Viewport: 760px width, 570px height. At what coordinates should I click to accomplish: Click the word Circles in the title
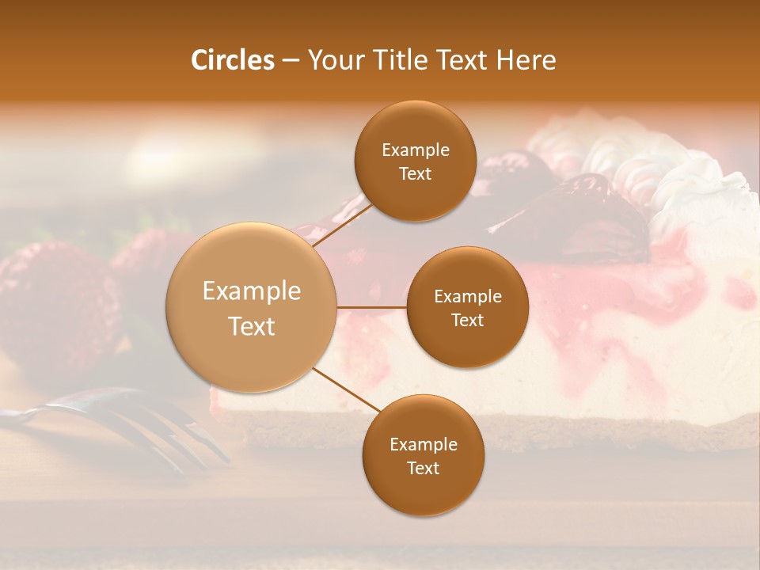232,60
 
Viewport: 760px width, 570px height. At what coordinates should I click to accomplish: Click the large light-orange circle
252,307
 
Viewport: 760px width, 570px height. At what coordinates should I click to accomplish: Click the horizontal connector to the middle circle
372,307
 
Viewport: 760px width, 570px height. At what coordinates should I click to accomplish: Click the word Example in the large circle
252,291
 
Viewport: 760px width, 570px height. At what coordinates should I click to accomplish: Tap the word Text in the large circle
252,326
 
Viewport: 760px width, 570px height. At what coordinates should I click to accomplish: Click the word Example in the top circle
415,150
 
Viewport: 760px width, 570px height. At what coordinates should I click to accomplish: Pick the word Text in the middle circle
468,320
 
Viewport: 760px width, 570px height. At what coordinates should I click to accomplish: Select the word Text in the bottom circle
423,468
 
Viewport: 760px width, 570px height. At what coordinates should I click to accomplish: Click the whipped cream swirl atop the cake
633,158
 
